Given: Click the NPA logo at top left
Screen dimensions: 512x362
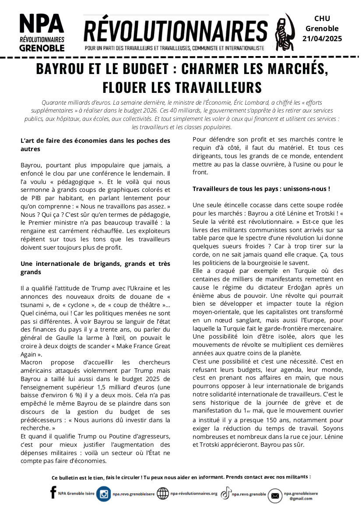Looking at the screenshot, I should [x=42, y=32].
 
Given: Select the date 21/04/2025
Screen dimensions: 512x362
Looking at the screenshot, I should [x=322, y=39].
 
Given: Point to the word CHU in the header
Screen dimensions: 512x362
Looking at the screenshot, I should [x=322, y=18].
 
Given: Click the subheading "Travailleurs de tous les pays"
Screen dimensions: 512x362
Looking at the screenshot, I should [x=261, y=189].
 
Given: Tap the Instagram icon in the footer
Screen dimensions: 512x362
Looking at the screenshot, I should [x=104, y=494].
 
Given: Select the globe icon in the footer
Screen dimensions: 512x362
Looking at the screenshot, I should [x=162, y=494].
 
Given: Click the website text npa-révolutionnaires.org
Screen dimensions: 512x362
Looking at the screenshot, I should [x=193, y=494].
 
